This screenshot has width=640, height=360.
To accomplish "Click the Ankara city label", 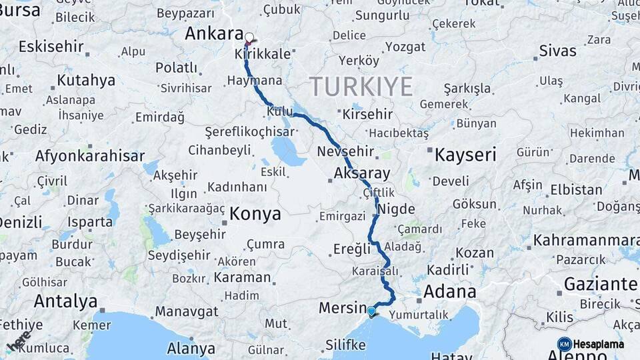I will coord(213,33).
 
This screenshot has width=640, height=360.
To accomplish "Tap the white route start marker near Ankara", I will coord(249,38).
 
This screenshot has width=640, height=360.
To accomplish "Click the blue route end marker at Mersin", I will coord(371,311).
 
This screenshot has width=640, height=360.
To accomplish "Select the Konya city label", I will coord(255,214).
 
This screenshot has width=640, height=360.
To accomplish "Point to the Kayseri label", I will coord(465,155).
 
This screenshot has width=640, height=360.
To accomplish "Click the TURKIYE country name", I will coord(361,87).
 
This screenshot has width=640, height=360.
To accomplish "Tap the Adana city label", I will coord(450,291).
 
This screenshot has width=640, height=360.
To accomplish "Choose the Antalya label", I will coord(65,301).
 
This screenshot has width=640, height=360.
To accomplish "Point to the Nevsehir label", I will coord(345,151).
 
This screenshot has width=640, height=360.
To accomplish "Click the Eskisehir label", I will coord(51,47).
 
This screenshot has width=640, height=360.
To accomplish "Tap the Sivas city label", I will coord(557,51).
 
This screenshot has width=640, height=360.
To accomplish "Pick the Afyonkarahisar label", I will coord(89,156).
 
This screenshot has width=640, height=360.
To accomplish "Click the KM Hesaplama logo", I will coord(591,344).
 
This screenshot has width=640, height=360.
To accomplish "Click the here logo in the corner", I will coord(18,340).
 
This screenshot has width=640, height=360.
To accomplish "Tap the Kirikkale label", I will coord(265,55).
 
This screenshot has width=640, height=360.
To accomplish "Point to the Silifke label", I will coord(345,345).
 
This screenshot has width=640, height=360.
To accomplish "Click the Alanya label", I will coord(191,349).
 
